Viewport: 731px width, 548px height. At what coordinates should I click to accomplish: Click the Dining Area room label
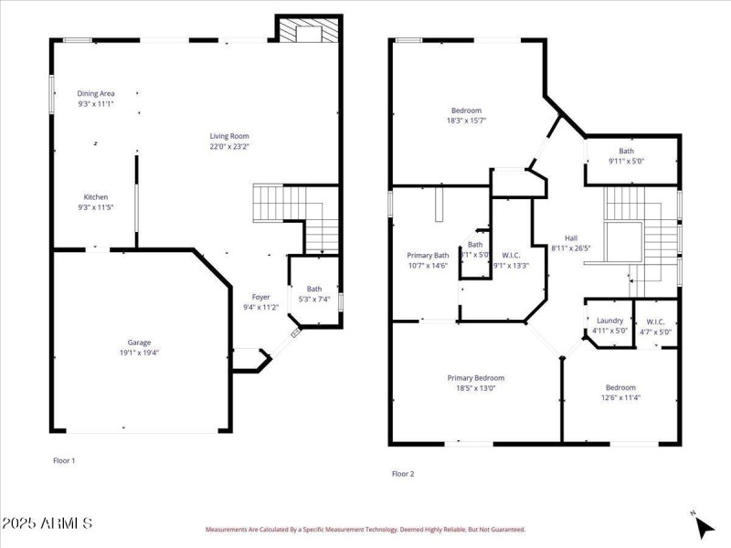pos(96,93)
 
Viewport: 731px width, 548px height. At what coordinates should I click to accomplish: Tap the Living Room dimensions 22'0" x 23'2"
pos(229,146)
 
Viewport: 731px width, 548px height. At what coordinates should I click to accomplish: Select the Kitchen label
pos(96,197)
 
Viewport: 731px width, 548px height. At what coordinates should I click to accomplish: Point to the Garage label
pos(139,342)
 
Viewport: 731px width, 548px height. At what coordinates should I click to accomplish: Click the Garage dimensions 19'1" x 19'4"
pos(139,353)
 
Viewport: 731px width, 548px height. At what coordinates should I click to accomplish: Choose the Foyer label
pos(260,298)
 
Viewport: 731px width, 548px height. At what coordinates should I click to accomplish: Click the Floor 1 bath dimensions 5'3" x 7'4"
pos(314,300)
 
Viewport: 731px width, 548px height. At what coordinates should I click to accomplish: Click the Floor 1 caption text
pos(64,461)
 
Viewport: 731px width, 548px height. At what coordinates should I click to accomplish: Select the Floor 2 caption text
pos(403,474)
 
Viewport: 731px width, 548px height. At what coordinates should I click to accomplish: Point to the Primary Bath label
pos(428,256)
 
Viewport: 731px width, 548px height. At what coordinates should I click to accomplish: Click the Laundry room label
pos(609,321)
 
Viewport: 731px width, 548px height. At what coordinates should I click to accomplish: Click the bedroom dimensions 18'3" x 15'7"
pos(466,121)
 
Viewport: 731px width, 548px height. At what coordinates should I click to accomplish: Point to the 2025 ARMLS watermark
pos(47,523)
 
